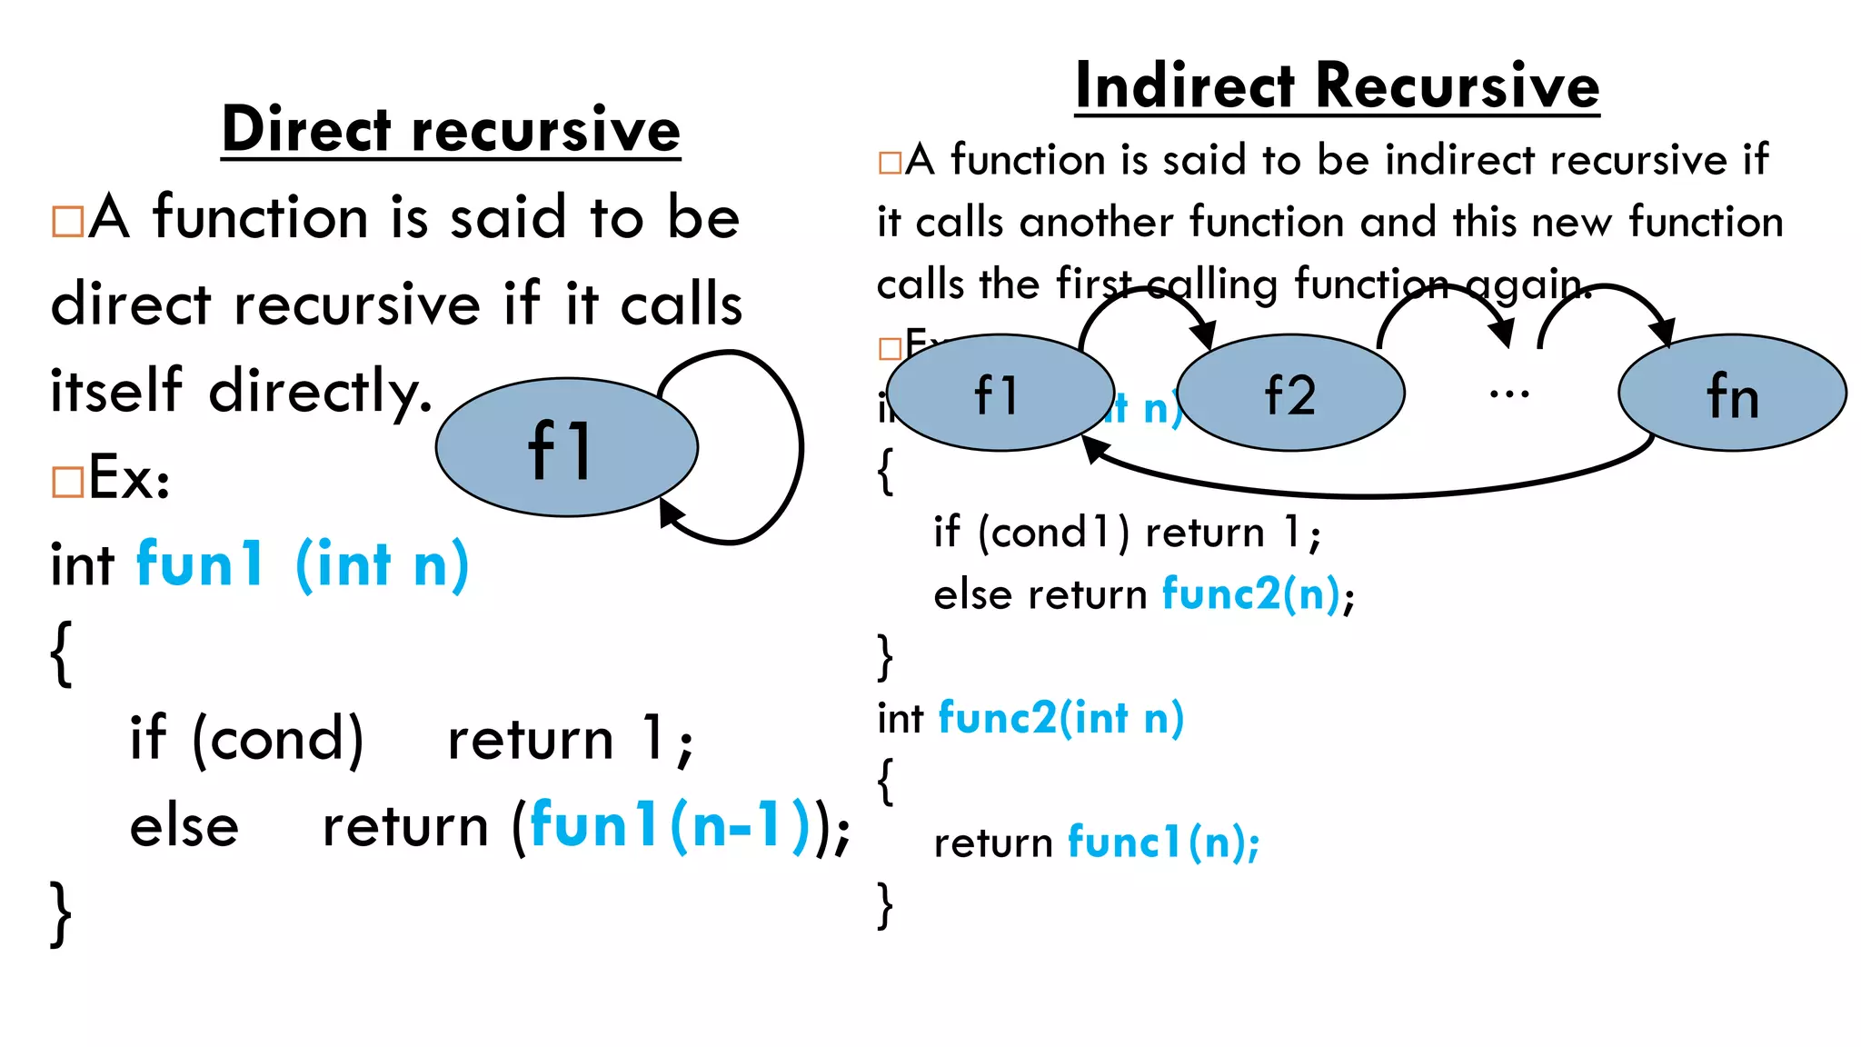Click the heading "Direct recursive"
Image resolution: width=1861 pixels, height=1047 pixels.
[451, 130]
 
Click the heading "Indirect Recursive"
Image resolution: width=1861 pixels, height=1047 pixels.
[1337, 86]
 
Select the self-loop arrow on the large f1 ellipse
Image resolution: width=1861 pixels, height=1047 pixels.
[800, 445]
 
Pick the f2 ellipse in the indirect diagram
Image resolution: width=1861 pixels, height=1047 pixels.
[1290, 394]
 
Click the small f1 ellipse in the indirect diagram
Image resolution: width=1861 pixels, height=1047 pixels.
[1000, 394]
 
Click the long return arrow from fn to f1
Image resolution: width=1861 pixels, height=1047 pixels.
[1363, 494]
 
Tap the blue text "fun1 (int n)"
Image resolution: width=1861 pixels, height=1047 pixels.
[302, 564]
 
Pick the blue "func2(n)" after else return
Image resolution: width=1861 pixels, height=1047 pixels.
[1251, 594]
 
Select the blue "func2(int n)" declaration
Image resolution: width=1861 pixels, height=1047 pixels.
[1060, 718]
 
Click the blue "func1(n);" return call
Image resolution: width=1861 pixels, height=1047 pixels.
[1163, 842]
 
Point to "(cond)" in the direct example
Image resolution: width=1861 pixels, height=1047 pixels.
[277, 738]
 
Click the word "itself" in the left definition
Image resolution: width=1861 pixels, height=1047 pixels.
[116, 390]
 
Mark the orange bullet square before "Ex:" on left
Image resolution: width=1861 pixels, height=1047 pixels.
[67, 482]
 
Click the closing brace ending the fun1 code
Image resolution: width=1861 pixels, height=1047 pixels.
[61, 912]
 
